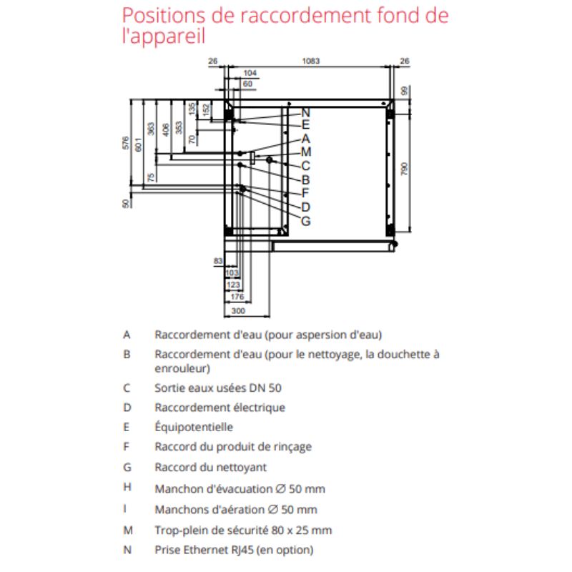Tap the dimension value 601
[x=139, y=144]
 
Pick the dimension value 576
[x=126, y=144]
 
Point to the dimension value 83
[x=218, y=262]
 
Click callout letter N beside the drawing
[x=305, y=112]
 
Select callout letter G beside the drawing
[x=305, y=221]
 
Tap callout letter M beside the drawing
[x=305, y=152]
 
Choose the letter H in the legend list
[x=127, y=489]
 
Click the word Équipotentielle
[x=194, y=427]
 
